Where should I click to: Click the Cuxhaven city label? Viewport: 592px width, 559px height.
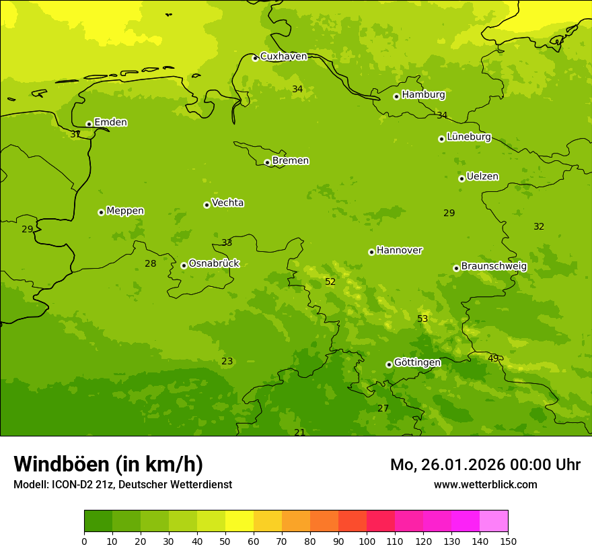click(283, 56)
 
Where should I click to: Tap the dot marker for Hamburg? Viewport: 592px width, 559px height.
click(396, 96)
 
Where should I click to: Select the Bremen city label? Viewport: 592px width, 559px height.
click(291, 160)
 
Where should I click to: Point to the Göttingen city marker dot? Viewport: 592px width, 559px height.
click(389, 364)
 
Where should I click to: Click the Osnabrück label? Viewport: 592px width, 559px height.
click(214, 263)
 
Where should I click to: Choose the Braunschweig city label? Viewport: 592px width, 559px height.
click(494, 266)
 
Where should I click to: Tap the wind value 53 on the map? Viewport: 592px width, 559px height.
click(422, 319)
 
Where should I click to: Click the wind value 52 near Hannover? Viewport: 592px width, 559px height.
click(330, 282)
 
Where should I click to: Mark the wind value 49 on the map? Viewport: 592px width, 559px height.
click(493, 358)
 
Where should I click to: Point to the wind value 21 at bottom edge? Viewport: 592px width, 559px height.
click(299, 432)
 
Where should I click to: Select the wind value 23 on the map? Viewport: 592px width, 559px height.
click(227, 361)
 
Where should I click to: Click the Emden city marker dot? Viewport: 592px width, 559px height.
click(89, 124)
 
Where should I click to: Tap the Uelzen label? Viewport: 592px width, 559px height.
click(482, 176)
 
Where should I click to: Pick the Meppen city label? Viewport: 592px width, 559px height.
click(125, 211)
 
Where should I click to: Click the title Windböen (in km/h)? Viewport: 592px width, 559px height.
click(108, 464)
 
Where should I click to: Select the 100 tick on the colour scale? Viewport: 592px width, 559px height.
click(367, 541)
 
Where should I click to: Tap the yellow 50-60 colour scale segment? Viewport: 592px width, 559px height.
click(239, 521)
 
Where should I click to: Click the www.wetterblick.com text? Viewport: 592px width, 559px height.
click(485, 484)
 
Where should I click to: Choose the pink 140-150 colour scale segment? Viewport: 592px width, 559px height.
click(494, 521)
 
